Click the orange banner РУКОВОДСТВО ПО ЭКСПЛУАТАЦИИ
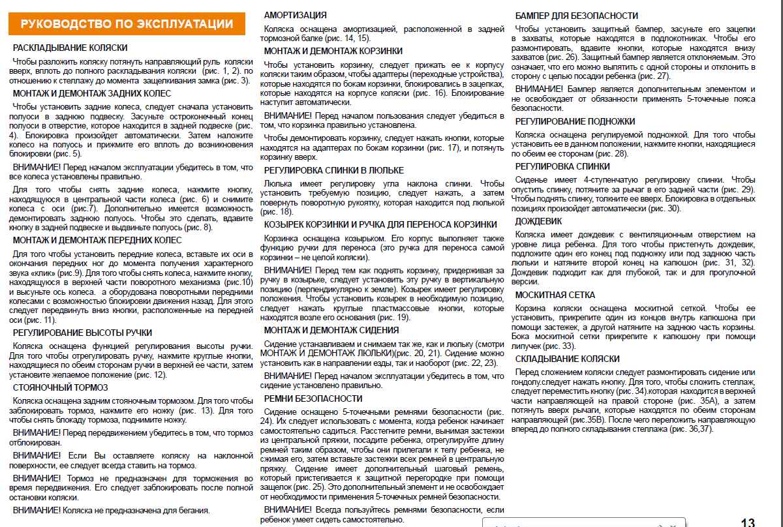pos(127,24)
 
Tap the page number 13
pos(748,522)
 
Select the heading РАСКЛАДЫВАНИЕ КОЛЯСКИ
pos(70,48)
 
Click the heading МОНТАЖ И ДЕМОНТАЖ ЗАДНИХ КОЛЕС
pos(92,94)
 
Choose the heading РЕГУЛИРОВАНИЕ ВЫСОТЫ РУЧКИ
pos(82,333)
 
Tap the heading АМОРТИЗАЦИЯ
pos(295,15)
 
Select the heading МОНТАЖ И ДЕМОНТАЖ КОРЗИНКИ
pos(333,51)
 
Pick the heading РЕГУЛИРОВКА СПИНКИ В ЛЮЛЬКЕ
pos(333,171)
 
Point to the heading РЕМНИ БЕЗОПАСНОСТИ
pos(313,399)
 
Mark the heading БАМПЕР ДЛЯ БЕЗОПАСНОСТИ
pos(577,15)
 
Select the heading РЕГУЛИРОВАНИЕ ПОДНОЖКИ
pos(575,121)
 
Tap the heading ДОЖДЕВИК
pos(538,221)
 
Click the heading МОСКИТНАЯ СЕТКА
pos(555,295)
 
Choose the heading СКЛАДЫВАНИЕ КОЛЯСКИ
pos(567,359)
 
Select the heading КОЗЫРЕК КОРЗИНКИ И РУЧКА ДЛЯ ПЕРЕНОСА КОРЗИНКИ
pos(380,224)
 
